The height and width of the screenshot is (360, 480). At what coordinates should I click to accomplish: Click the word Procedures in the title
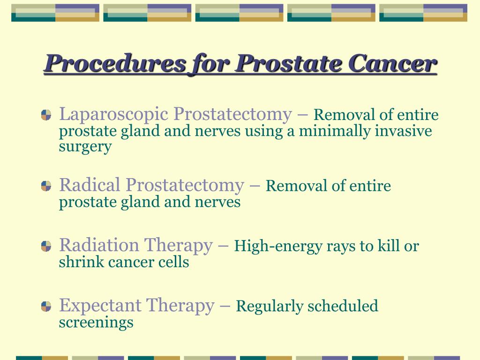[x=115, y=63]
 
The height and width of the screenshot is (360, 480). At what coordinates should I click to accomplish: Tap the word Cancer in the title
[x=392, y=63]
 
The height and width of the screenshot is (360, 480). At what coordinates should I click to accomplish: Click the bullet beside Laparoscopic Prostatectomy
[x=46, y=115]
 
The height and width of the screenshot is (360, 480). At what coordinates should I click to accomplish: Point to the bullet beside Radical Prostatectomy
[x=46, y=186]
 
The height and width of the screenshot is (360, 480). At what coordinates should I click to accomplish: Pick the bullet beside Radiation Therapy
[x=46, y=246]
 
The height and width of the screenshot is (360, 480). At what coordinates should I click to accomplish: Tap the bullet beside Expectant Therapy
[x=46, y=306]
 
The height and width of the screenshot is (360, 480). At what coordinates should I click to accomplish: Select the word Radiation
[x=99, y=245]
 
